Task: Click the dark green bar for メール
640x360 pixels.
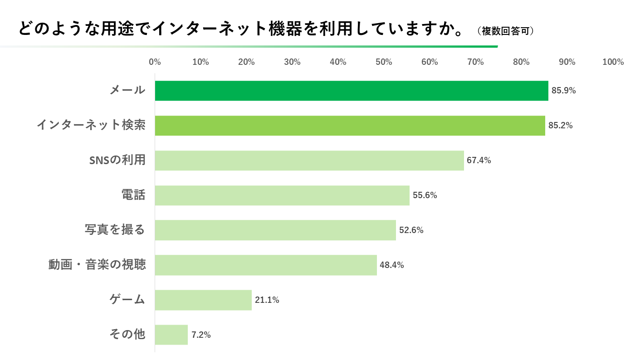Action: [352, 91]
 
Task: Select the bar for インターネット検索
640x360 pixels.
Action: [350, 126]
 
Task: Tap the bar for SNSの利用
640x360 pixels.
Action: [309, 161]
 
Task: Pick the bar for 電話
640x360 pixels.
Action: [282, 195]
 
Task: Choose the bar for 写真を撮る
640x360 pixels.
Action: [275, 230]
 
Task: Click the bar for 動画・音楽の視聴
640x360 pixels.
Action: [266, 265]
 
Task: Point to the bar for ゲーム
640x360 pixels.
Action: [203, 300]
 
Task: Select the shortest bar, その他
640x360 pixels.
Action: [171, 335]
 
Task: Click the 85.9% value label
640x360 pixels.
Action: [563, 91]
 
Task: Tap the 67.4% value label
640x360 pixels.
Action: [479, 161]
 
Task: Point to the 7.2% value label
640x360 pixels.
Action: [201, 335]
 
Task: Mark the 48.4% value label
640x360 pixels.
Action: [392, 265]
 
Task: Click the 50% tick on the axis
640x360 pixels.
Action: [384, 62]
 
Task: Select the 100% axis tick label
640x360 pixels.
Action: [613, 62]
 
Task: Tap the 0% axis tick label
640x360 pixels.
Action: [155, 62]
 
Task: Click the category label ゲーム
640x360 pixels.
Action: [127, 300]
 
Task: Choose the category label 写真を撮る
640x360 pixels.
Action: [115, 230]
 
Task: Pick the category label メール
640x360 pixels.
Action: [127, 90]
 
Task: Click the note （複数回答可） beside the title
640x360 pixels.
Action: [505, 31]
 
